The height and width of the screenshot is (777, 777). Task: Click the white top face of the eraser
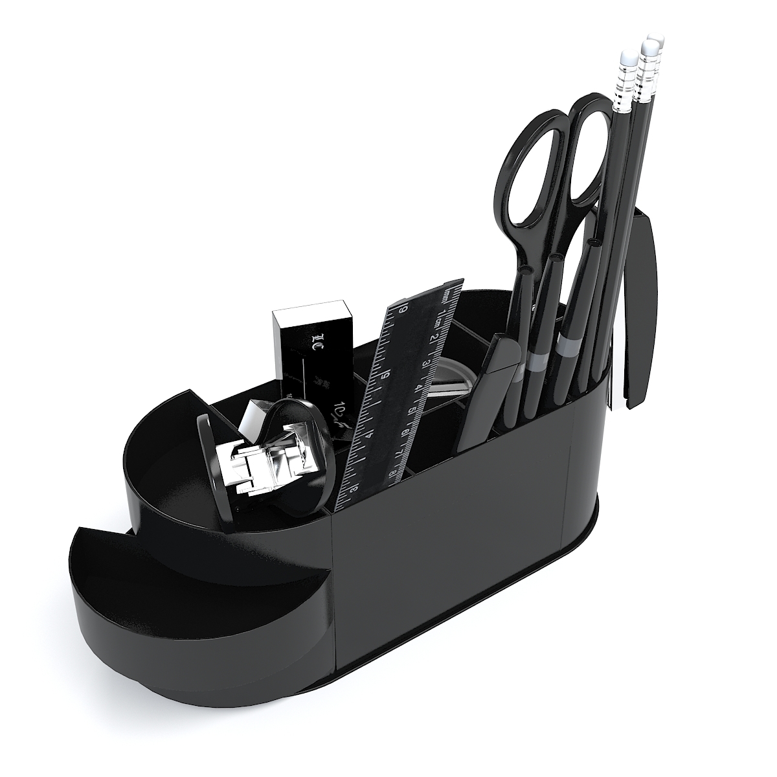[x=313, y=314]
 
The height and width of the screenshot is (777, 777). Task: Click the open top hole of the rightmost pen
[x=594, y=242]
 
